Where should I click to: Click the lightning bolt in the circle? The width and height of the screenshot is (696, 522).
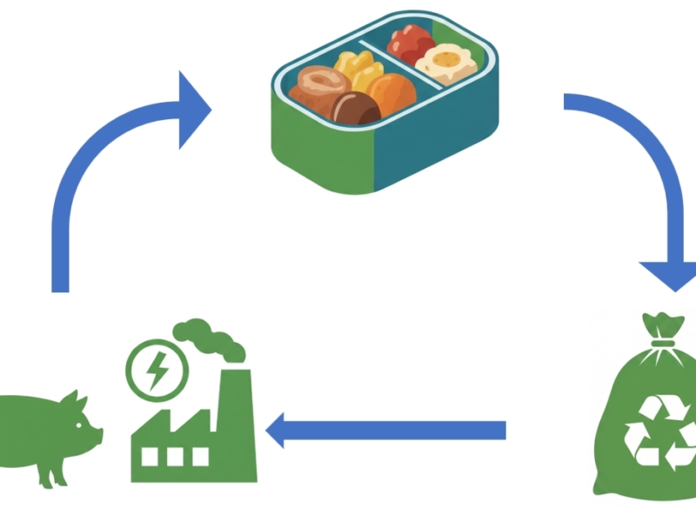tap(157, 371)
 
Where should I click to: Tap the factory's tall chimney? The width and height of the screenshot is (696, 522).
tap(235, 409)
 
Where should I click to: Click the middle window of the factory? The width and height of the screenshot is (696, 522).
tap(177, 456)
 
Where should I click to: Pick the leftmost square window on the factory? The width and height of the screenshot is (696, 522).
tap(149, 456)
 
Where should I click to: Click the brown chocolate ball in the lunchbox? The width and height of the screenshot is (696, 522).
tap(356, 110)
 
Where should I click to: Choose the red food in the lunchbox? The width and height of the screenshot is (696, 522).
tap(411, 42)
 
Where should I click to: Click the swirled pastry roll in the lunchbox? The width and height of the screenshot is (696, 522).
tap(321, 84)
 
